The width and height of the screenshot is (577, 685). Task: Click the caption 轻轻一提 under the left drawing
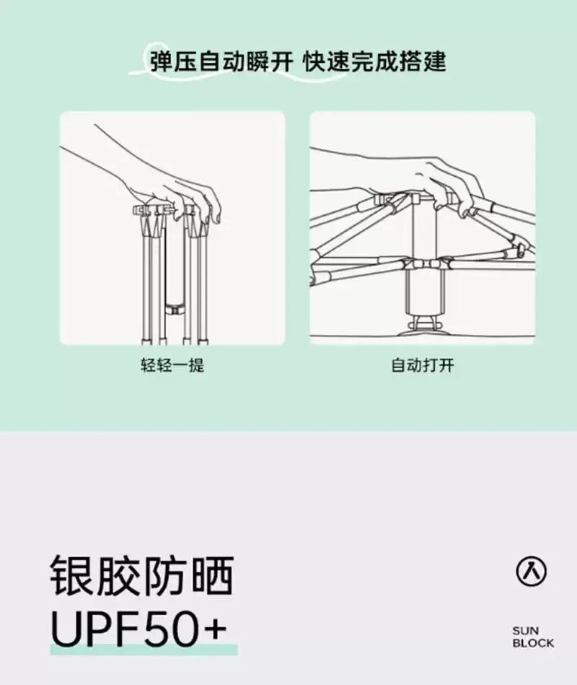(172, 365)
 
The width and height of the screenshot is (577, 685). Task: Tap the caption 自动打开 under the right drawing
(423, 365)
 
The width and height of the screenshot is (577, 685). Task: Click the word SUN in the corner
(526, 630)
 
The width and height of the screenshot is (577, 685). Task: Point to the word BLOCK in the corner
(533, 642)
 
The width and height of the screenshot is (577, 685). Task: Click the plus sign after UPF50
(213, 629)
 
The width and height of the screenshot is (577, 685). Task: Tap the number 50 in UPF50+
(172, 629)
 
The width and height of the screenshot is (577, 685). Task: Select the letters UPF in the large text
(97, 629)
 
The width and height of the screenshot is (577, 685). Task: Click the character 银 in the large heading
(71, 576)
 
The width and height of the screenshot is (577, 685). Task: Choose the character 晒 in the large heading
(211, 576)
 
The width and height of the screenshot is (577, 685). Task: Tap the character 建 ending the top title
(434, 61)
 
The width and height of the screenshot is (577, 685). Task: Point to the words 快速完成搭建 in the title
(374, 61)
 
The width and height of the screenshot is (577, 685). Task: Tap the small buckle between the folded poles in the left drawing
(177, 310)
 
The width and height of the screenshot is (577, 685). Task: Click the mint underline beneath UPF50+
(144, 649)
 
